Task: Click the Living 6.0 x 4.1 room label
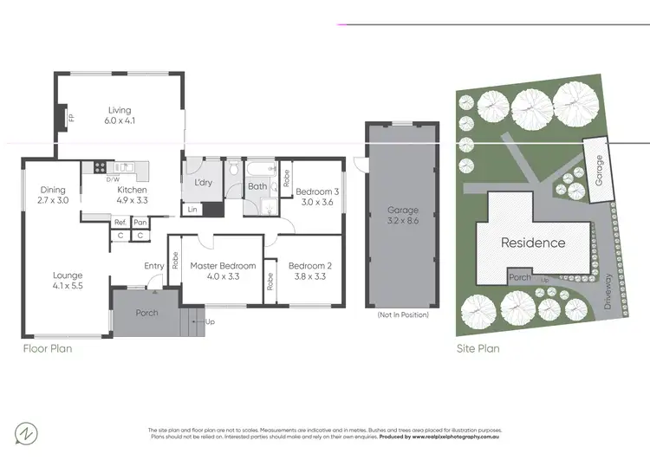(120, 115)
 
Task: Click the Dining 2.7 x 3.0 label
(53, 195)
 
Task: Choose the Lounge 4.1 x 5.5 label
(68, 281)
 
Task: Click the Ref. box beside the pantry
(120, 223)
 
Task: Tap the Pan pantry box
(140, 223)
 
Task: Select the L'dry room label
(204, 184)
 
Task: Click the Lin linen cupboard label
(192, 209)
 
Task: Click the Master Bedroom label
(223, 271)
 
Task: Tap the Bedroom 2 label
(308, 271)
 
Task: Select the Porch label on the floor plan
(147, 312)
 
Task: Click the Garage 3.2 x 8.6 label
(403, 215)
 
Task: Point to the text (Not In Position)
(403, 314)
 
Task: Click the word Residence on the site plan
(533, 243)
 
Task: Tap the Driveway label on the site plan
(609, 291)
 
